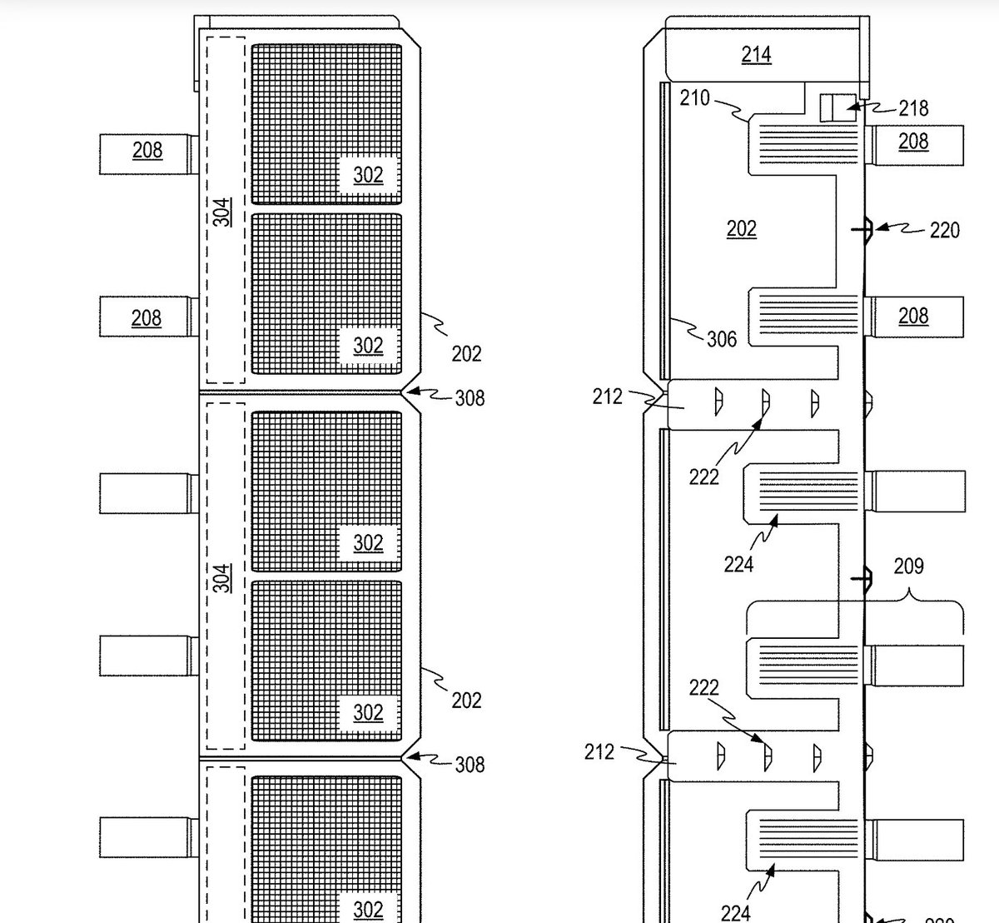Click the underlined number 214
click(x=756, y=55)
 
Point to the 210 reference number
click(x=694, y=98)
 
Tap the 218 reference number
click(x=913, y=108)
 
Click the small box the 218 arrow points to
click(x=837, y=108)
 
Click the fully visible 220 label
click(x=944, y=229)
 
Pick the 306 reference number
click(x=721, y=338)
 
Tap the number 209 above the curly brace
click(x=908, y=566)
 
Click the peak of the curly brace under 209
click(x=908, y=593)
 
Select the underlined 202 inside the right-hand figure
click(x=741, y=228)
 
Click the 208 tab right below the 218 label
click(x=913, y=142)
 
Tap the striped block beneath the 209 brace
click(x=804, y=666)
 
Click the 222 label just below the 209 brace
click(x=703, y=688)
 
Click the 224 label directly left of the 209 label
click(x=738, y=565)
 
